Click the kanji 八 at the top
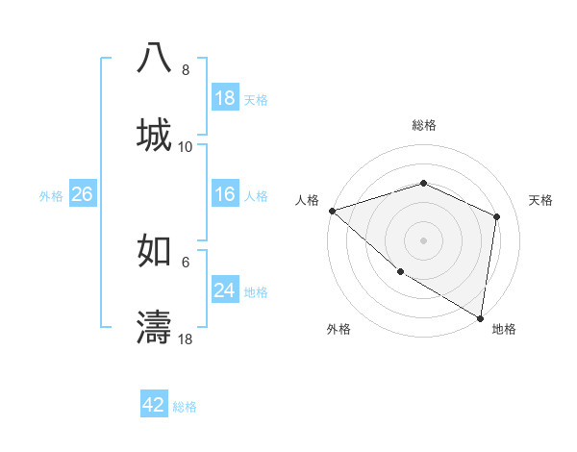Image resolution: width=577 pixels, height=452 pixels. [154, 59]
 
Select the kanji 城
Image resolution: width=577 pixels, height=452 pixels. [154, 134]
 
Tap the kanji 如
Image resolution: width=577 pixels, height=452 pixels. [154, 249]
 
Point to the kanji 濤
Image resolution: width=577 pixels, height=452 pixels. [154, 326]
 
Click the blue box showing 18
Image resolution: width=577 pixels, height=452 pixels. [225, 97]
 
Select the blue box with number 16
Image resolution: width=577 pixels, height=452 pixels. [225, 194]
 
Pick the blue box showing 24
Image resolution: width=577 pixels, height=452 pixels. [225, 290]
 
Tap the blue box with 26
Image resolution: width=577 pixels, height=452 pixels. [82, 194]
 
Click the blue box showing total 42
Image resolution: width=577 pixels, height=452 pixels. [154, 405]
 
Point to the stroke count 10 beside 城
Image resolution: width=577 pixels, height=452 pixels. [186, 147]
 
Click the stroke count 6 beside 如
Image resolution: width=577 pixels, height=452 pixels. [186, 262]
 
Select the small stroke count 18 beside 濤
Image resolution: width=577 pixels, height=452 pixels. [186, 339]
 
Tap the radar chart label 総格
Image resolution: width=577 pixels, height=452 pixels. [423, 125]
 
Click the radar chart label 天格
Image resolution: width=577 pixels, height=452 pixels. [541, 200]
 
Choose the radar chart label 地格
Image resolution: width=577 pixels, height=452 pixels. [504, 330]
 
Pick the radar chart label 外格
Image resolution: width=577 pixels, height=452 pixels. [339, 330]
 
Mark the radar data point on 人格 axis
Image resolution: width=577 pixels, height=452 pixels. [332, 211]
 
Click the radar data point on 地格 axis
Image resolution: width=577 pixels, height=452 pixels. [479, 316]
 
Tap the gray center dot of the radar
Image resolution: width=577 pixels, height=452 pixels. [423, 239]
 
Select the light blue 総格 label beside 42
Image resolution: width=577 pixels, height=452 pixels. [185, 407]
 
